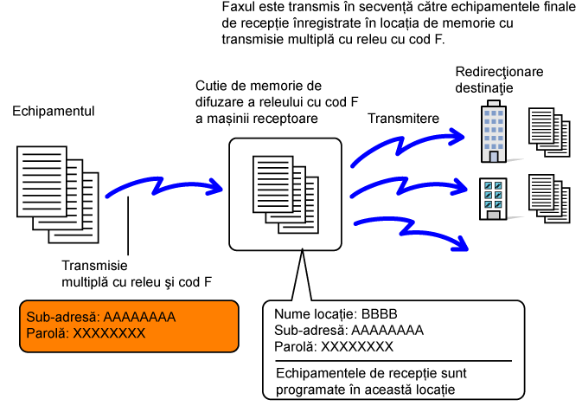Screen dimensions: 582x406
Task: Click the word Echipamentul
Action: tap(54, 112)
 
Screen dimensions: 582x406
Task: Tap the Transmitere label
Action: tap(404, 119)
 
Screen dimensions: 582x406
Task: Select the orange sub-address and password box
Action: tap(129, 326)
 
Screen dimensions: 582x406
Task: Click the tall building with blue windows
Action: tap(494, 132)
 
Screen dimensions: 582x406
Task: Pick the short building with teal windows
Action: tap(493, 199)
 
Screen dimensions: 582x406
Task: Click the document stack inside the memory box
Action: tap(285, 194)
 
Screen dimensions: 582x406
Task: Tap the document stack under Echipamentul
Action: tap(58, 194)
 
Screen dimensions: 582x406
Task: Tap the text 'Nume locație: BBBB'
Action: tap(336, 314)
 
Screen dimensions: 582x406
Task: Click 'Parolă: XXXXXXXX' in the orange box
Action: tap(86, 333)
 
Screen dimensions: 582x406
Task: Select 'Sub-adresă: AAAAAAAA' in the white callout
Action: tap(349, 330)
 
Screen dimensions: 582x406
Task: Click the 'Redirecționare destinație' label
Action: tap(499, 80)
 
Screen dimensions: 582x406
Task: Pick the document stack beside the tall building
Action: tap(549, 132)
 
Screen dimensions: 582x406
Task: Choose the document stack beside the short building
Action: tap(549, 199)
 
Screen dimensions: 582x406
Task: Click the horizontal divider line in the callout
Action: tap(393, 361)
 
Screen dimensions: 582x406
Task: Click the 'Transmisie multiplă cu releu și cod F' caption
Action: tap(137, 274)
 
